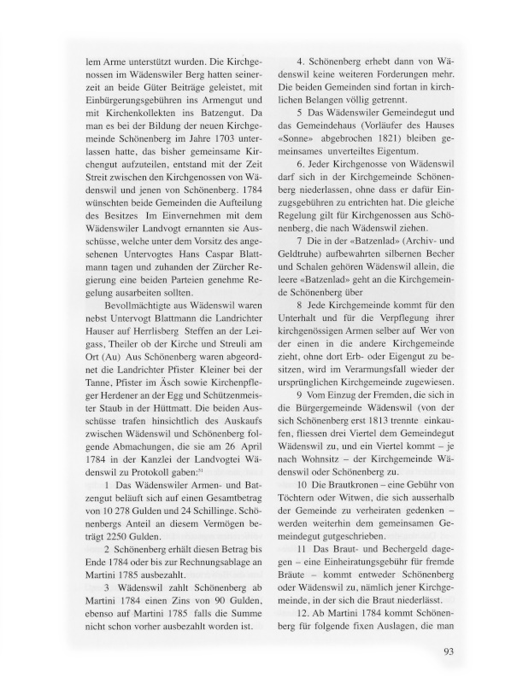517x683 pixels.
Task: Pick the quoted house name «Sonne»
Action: pos(294,159)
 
